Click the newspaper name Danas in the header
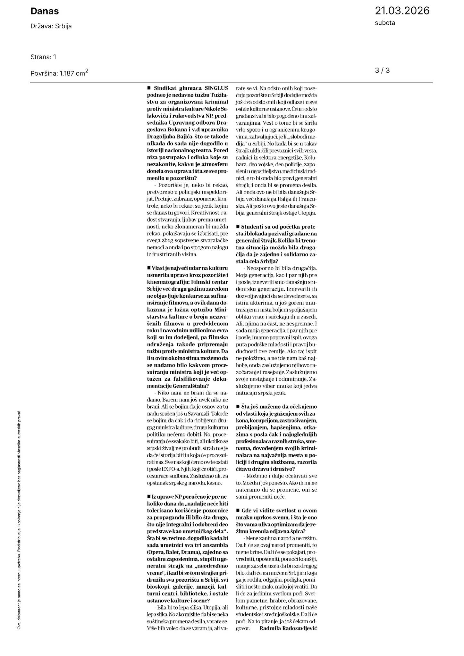click(x=45, y=11)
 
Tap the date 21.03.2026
click(x=402, y=11)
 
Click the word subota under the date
click(x=385, y=23)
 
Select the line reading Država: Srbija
click(x=51, y=26)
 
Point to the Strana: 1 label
click(x=43, y=57)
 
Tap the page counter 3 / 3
click(x=382, y=71)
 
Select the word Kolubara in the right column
click(x=310, y=157)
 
